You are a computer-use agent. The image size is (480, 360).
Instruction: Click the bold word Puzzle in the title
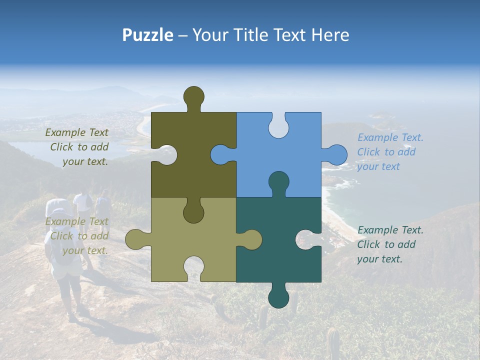(x=148, y=35)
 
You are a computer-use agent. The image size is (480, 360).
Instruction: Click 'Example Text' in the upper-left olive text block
(x=76, y=132)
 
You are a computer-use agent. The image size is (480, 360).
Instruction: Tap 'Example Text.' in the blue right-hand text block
(x=390, y=137)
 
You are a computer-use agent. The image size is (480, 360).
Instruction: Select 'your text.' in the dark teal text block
(x=379, y=259)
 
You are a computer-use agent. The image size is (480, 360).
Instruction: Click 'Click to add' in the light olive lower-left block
(x=79, y=236)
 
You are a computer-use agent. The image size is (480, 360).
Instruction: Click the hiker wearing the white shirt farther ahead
(x=82, y=205)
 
